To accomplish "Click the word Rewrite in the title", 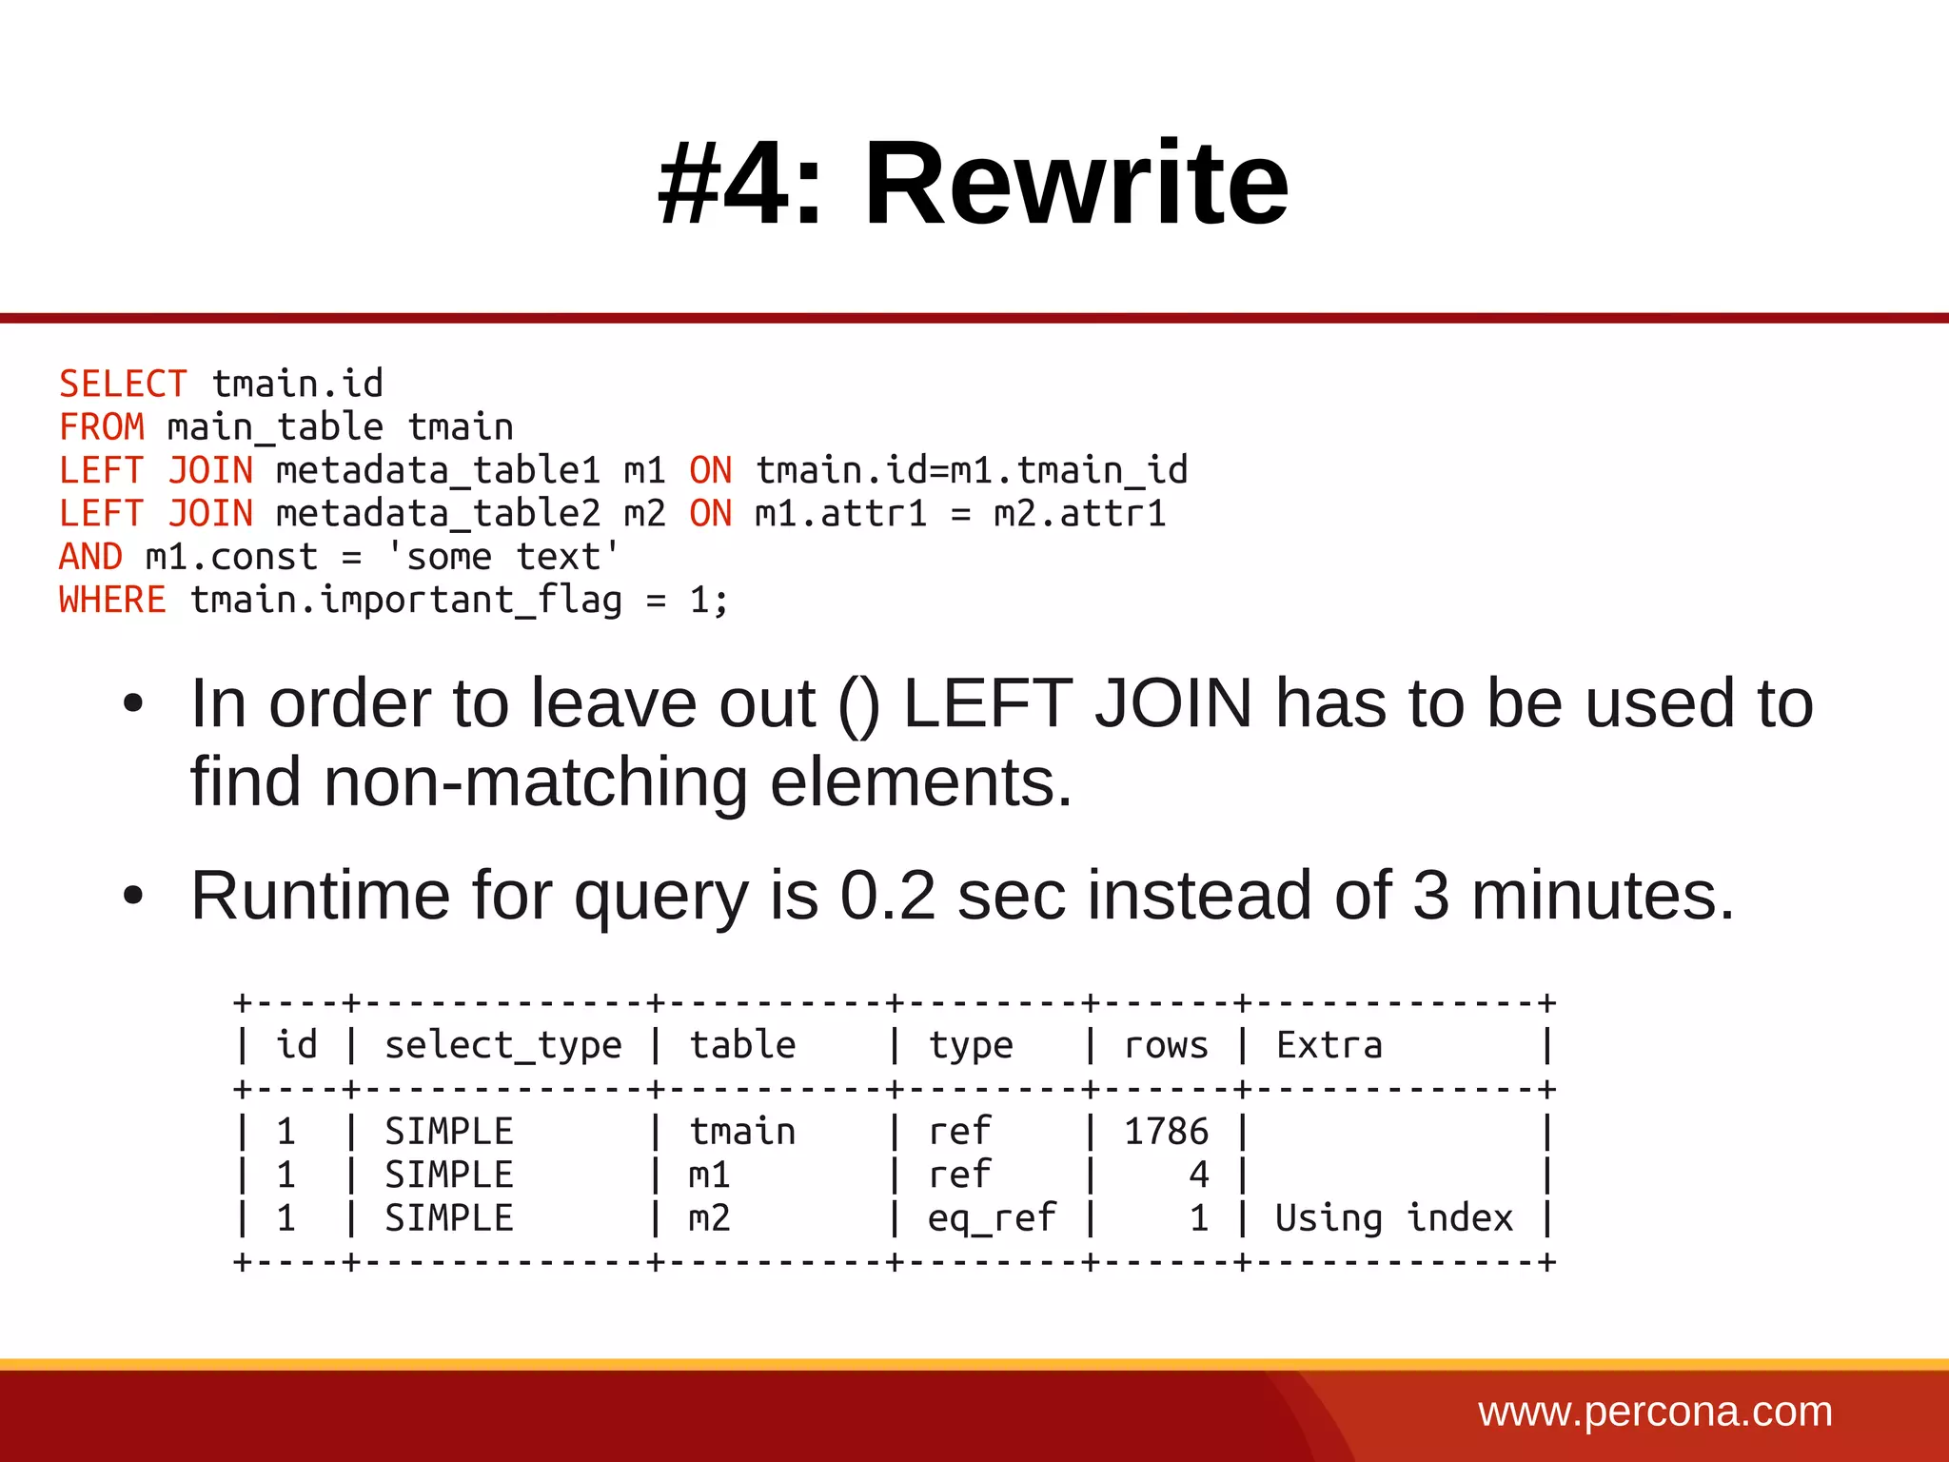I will click(1075, 183).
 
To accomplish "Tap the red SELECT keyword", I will click(123, 385).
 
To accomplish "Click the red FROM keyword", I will click(102, 427).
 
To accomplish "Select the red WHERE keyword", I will click(112, 601).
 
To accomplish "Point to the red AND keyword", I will click(91, 557).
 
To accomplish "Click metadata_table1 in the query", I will click(438, 471).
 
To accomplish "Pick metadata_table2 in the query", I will click(438, 514).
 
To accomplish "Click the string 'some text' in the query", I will click(502, 557).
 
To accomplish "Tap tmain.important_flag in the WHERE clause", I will click(405, 601).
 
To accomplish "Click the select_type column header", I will click(502, 1046).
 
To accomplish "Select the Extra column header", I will click(1329, 1046).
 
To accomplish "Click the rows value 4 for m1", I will click(1198, 1176).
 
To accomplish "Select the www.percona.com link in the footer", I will click(1655, 1412).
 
